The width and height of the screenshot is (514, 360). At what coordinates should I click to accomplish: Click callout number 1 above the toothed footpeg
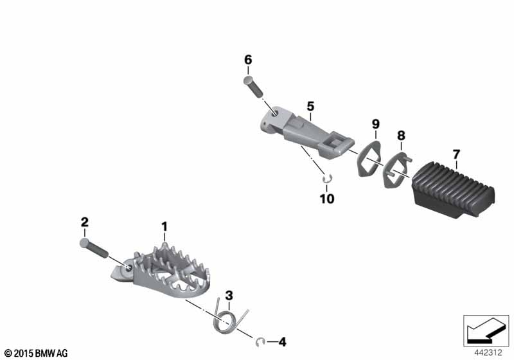tap(164, 226)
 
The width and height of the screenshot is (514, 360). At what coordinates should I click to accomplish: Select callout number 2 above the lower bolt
tap(85, 222)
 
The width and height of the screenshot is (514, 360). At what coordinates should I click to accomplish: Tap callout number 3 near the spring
tap(229, 296)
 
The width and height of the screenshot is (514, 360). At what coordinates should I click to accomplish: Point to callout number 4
tap(282, 342)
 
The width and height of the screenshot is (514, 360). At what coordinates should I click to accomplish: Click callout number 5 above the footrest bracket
tap(310, 106)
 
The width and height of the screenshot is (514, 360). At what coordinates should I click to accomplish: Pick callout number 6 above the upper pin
tap(248, 60)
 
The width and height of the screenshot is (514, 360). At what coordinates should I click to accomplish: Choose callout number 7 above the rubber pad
tap(456, 154)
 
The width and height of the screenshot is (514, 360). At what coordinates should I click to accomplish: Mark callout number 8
tap(401, 136)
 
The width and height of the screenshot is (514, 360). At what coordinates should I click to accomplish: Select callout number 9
tap(376, 124)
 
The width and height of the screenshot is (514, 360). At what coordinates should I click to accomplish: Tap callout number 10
tap(327, 199)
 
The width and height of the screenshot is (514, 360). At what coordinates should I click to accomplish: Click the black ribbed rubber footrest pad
tap(453, 190)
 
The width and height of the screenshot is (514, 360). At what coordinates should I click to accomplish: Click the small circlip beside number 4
tap(260, 342)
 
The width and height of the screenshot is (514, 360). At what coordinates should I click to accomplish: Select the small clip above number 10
tap(327, 178)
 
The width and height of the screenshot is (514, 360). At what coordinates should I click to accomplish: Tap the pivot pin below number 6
tap(253, 85)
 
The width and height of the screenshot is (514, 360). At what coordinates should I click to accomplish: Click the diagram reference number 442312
tap(488, 353)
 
